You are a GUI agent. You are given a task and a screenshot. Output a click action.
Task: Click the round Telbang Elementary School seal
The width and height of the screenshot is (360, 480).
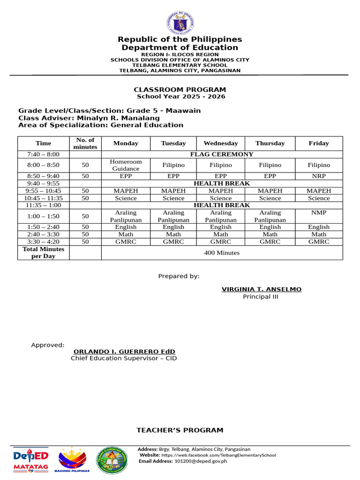112,460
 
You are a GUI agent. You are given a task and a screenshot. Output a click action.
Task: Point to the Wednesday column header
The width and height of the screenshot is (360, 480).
220,143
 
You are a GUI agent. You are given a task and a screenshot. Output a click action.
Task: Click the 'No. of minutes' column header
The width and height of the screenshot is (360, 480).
85,143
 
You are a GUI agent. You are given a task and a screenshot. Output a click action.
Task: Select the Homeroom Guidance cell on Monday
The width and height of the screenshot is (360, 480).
126,165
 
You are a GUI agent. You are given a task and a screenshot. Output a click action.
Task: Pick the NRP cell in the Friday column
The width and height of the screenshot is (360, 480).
319,176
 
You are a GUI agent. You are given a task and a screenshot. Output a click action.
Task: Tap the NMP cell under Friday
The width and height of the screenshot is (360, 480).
319,212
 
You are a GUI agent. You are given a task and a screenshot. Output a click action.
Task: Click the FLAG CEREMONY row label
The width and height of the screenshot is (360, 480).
222,154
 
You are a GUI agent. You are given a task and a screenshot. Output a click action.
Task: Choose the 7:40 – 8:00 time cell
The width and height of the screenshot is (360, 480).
43,154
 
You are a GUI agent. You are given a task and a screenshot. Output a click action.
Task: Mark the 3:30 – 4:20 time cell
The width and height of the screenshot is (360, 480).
43,242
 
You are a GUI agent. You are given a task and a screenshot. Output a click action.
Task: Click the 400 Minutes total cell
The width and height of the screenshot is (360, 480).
222,253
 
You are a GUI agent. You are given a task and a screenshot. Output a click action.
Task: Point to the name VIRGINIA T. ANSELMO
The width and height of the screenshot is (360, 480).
262,289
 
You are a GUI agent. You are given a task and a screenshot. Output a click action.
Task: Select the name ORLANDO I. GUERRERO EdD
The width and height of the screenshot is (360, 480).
124,352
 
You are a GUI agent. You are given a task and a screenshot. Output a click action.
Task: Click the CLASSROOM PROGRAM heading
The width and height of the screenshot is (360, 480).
180,90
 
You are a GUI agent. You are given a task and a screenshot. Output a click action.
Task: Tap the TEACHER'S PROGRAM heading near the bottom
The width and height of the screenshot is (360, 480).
180,430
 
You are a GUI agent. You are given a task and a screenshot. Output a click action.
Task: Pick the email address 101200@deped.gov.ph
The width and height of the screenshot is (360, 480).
201,461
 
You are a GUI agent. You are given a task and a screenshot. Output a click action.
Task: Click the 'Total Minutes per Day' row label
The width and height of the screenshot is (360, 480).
43,253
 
